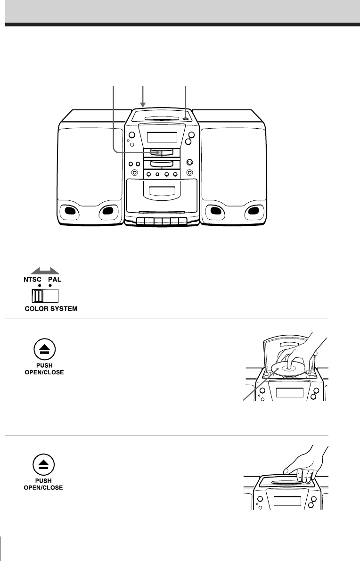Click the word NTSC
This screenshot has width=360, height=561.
click(33, 279)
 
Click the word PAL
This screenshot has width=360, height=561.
click(55, 279)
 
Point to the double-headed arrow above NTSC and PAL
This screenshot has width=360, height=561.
click(45, 271)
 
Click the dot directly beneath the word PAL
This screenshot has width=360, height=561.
click(50, 286)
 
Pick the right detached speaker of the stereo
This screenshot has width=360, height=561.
click(233, 167)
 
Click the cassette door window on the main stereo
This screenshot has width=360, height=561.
click(161, 192)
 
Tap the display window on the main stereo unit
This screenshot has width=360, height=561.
click(162, 138)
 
